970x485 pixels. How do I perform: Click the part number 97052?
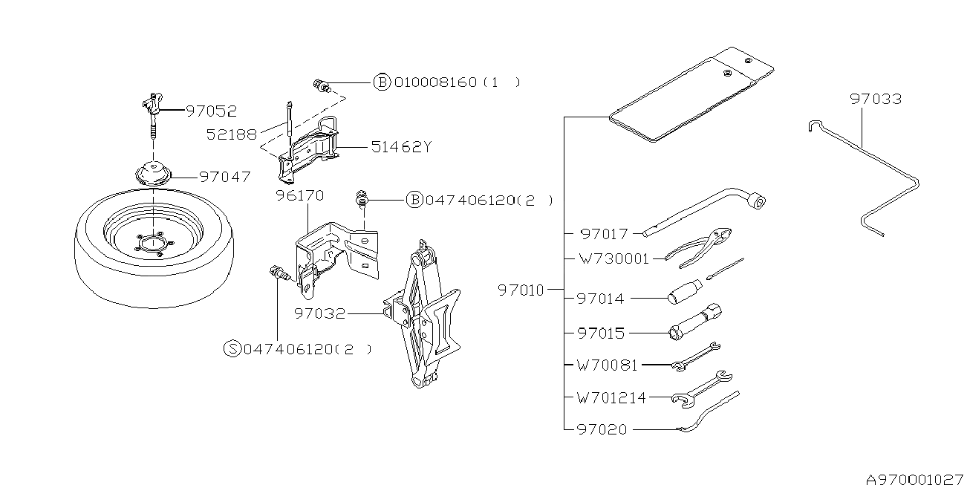pos(212,111)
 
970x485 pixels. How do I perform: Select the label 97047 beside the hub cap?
pos(225,177)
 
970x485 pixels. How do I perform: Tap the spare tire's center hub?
pos(153,244)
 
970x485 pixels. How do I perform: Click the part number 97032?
pos(319,313)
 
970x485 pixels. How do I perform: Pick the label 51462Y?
pos(401,147)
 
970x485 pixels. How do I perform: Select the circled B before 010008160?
pos(382,82)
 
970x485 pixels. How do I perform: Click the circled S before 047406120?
pos(232,348)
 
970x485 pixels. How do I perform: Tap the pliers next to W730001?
pos(698,249)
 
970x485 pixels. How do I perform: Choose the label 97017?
pos(604,234)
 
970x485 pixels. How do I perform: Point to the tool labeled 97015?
pos(695,322)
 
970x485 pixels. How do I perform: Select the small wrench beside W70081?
pos(695,357)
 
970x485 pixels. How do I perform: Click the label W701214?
pos(611,397)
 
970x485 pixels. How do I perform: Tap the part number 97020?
pos(602,429)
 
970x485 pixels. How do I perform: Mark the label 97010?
pos(521,290)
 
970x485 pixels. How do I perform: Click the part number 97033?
pos(876,100)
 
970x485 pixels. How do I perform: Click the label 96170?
pos(299,196)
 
